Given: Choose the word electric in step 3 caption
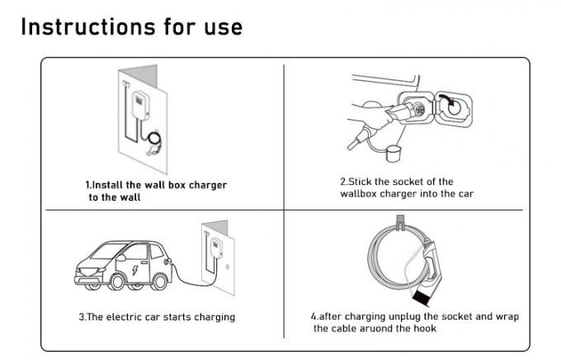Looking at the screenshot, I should pyautogui.click(x=121, y=317).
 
